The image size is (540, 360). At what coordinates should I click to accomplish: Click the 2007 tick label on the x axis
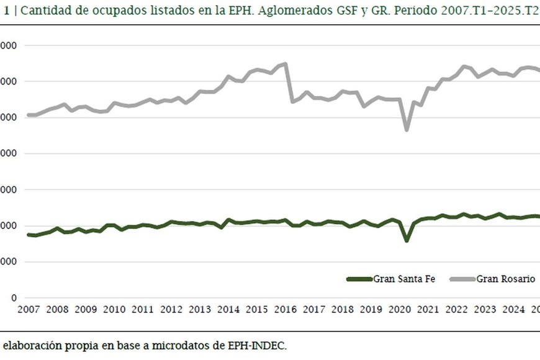click(29, 310)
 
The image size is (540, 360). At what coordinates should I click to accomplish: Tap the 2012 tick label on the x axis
click(171, 310)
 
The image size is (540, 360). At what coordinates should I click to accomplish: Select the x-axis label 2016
click(285, 310)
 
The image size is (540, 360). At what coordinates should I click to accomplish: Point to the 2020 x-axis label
click(399, 310)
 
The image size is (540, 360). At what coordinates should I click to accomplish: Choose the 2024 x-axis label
click(513, 310)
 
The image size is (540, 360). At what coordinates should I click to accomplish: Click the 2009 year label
click(86, 310)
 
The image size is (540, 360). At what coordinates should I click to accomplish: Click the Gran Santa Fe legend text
click(404, 279)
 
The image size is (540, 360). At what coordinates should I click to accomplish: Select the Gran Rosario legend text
click(506, 279)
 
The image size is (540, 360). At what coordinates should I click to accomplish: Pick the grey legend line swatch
click(462, 279)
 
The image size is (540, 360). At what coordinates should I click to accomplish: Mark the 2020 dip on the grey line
click(407, 129)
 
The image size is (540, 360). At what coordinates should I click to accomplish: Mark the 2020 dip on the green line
click(407, 240)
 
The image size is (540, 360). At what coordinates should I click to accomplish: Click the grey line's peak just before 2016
click(285, 63)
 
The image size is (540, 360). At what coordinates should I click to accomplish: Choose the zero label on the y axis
click(14, 298)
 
